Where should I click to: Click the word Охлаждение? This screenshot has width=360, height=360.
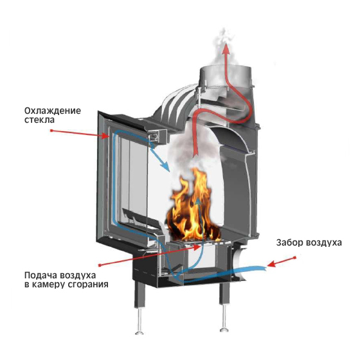coord(53,111)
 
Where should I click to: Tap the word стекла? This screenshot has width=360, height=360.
coord(39,120)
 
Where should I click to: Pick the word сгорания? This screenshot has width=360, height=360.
coord(88,285)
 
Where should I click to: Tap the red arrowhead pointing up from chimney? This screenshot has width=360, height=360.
coord(226,48)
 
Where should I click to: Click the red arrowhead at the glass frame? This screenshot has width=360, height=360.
coord(105,136)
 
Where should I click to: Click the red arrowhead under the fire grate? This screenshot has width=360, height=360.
coord(197,248)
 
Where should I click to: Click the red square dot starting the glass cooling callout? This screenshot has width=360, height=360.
coord(51,130)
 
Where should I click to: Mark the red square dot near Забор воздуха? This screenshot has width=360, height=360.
coord(295,258)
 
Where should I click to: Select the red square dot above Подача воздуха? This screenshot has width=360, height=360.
coord(100,265)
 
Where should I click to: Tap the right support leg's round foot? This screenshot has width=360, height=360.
coord(224,330)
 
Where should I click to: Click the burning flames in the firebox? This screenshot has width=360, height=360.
coord(194,206)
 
